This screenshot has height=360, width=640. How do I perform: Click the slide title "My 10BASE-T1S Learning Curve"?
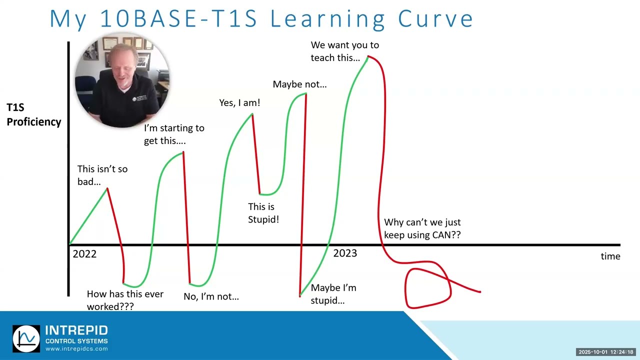click(261, 18)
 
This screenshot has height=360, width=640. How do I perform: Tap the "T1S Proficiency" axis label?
click(33, 115)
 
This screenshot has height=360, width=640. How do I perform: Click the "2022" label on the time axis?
click(84, 254)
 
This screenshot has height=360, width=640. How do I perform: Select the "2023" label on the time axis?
click(345, 253)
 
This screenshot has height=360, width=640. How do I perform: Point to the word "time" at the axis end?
click(610, 256)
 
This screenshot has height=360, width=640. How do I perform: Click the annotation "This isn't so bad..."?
click(102, 175)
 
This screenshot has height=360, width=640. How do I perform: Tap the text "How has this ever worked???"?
click(124, 300)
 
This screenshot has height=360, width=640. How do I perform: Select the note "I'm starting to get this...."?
click(173, 134)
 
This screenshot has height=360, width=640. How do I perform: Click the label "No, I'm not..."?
click(211, 296)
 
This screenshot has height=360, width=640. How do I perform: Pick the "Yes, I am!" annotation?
click(239, 103)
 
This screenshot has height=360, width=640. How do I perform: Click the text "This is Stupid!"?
click(263, 213)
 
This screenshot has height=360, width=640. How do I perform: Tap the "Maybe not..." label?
click(299, 84)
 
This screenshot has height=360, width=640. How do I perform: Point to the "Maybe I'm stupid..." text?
click(333, 294)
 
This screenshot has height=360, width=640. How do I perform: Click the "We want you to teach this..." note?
click(344, 51)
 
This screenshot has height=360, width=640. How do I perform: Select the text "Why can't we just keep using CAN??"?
click(422, 228)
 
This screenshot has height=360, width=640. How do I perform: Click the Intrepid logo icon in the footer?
click(26, 338)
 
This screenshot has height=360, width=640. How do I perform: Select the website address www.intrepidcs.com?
click(76, 349)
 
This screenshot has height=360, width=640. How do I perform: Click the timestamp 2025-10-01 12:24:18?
click(605, 352)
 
